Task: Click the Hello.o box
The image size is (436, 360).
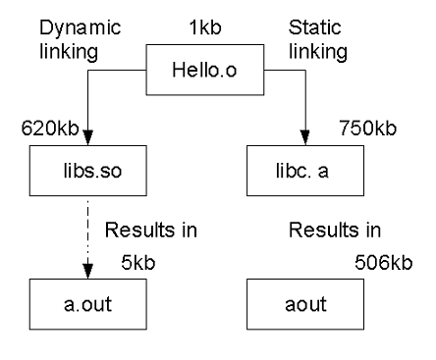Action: pos(206,70)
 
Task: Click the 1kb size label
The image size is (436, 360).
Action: pos(207,29)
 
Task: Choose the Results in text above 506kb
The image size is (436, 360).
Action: pos(333,231)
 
